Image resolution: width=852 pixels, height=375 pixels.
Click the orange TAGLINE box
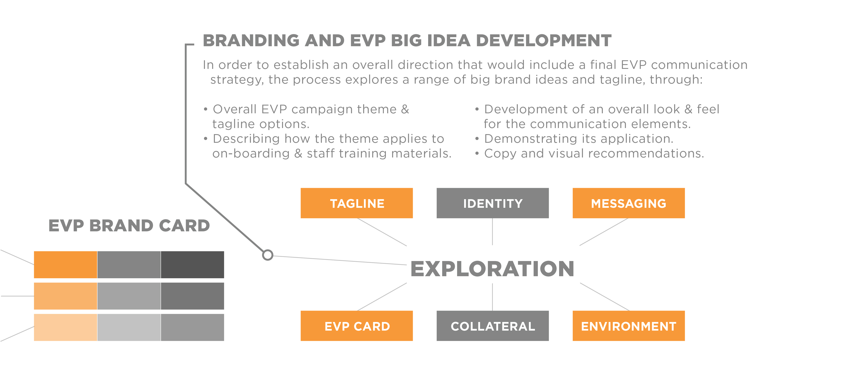point(356,203)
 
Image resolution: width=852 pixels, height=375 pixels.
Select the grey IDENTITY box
point(492,203)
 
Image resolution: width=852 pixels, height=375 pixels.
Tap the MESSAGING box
point(628,203)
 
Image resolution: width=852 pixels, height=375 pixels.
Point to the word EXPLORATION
point(492,269)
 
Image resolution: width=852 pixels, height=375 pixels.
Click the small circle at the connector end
point(268,255)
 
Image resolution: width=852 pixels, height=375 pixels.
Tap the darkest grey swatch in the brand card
point(192,265)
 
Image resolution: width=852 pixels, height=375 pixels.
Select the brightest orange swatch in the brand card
point(66,265)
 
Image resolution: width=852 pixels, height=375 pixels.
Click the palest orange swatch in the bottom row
point(66,327)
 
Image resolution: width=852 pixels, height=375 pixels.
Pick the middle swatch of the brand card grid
point(129,296)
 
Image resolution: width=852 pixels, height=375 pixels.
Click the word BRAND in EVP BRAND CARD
point(121,226)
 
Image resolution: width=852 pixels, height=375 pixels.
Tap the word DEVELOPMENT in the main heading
point(543,40)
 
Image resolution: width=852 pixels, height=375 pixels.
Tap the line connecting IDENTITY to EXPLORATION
point(492,232)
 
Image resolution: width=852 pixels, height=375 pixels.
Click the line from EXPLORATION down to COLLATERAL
point(492,297)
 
